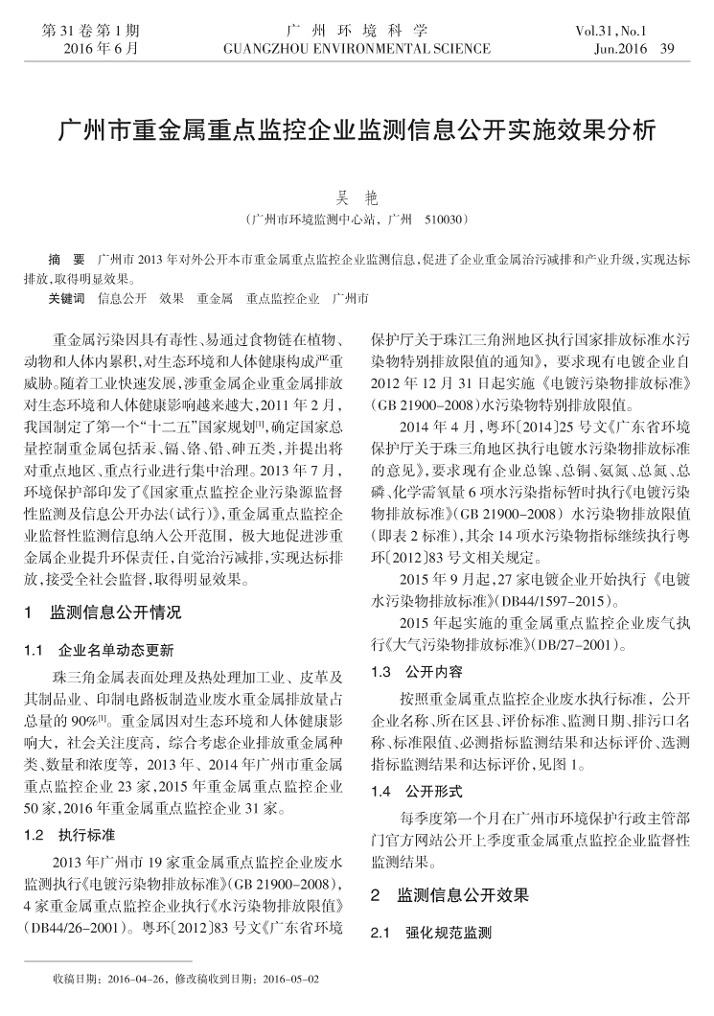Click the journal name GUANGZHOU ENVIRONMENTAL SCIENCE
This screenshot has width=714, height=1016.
tap(357, 48)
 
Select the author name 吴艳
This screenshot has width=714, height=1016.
tap(357, 199)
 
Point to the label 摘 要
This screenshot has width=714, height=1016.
tap(66, 261)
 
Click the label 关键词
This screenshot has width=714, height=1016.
tap(66, 299)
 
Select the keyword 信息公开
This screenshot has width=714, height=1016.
tap(122, 299)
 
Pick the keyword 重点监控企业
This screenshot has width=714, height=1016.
tap(282, 299)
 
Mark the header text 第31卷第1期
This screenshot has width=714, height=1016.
tap(91, 30)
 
